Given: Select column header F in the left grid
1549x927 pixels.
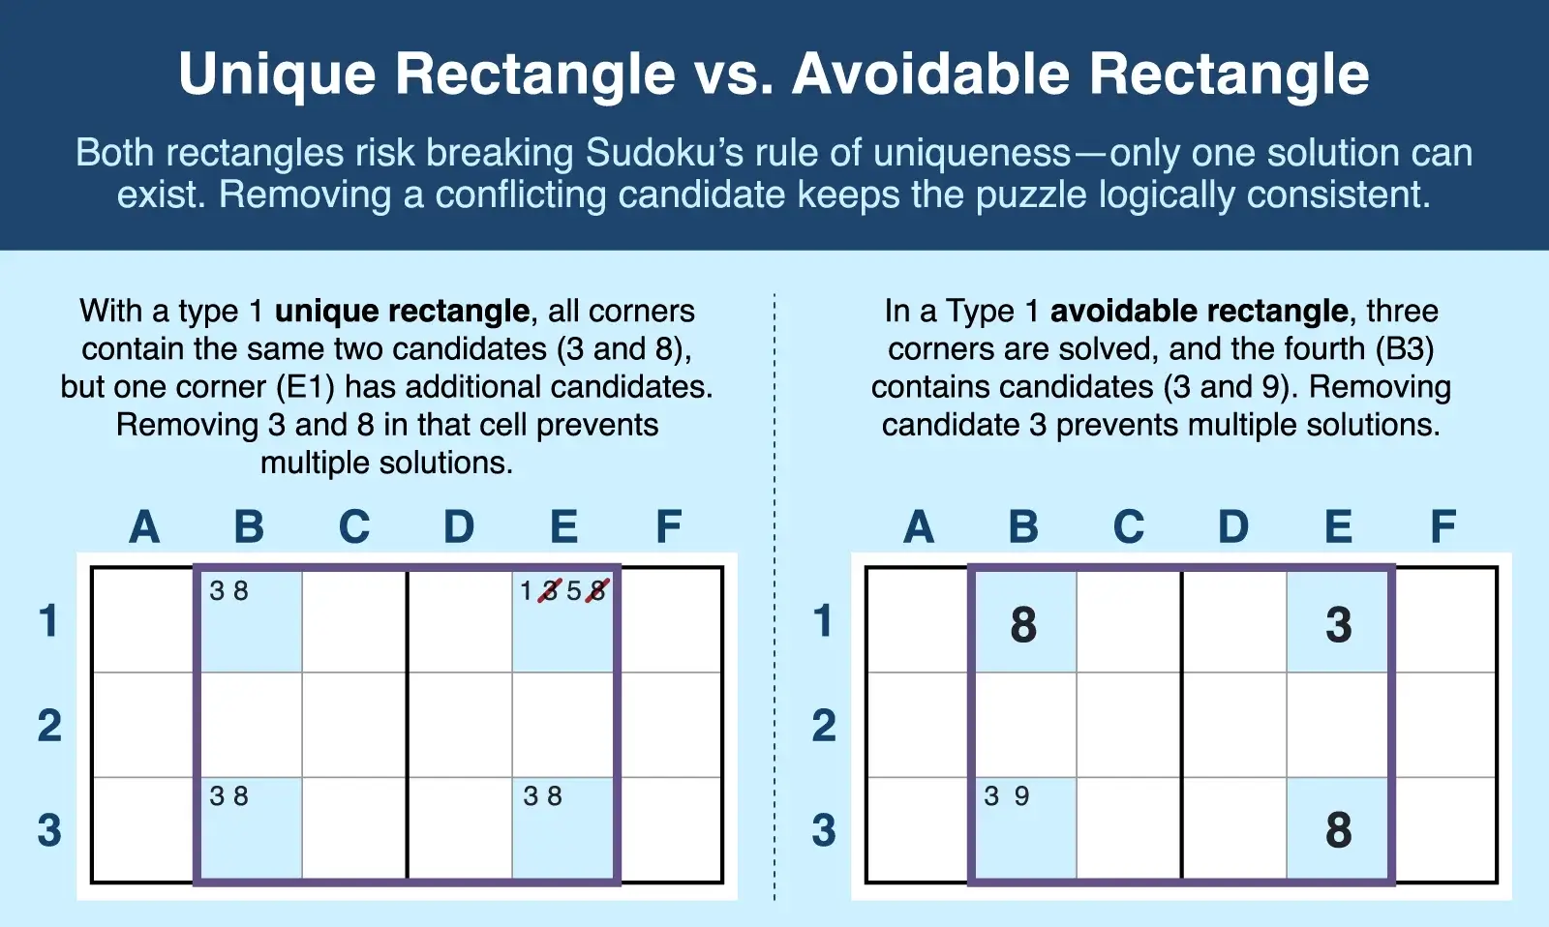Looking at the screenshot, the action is pyautogui.click(x=669, y=527).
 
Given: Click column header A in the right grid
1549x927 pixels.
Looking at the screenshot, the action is pyautogui.click(x=919, y=527).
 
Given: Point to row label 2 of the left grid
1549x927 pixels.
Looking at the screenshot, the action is pyautogui.click(x=49, y=726).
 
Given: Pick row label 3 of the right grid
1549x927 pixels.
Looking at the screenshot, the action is pyautogui.click(x=824, y=830).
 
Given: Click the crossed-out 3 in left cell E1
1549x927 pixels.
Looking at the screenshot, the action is pyautogui.click(x=550, y=590).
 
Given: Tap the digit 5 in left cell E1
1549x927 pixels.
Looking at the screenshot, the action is pyautogui.click(x=574, y=590).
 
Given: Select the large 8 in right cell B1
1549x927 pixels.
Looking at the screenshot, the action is pyautogui.click(x=1023, y=625).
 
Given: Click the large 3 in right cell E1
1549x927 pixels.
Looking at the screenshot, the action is pyautogui.click(x=1339, y=625).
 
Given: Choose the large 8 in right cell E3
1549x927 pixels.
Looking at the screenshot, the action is pyautogui.click(x=1339, y=830).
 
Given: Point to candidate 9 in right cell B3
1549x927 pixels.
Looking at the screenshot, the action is pyautogui.click(x=1022, y=796).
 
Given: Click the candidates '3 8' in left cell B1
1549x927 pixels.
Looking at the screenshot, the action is pyautogui.click(x=229, y=590).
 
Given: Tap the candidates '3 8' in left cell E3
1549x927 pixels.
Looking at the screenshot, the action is pyautogui.click(x=543, y=796).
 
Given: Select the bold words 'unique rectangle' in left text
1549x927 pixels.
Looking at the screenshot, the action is pyautogui.click(x=402, y=311).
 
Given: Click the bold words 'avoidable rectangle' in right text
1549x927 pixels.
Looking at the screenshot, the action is pyautogui.click(x=1199, y=311).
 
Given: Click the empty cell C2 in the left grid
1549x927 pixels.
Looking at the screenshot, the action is pyautogui.click(x=354, y=725).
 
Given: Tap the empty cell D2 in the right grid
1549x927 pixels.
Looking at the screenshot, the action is pyautogui.click(x=1234, y=725).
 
